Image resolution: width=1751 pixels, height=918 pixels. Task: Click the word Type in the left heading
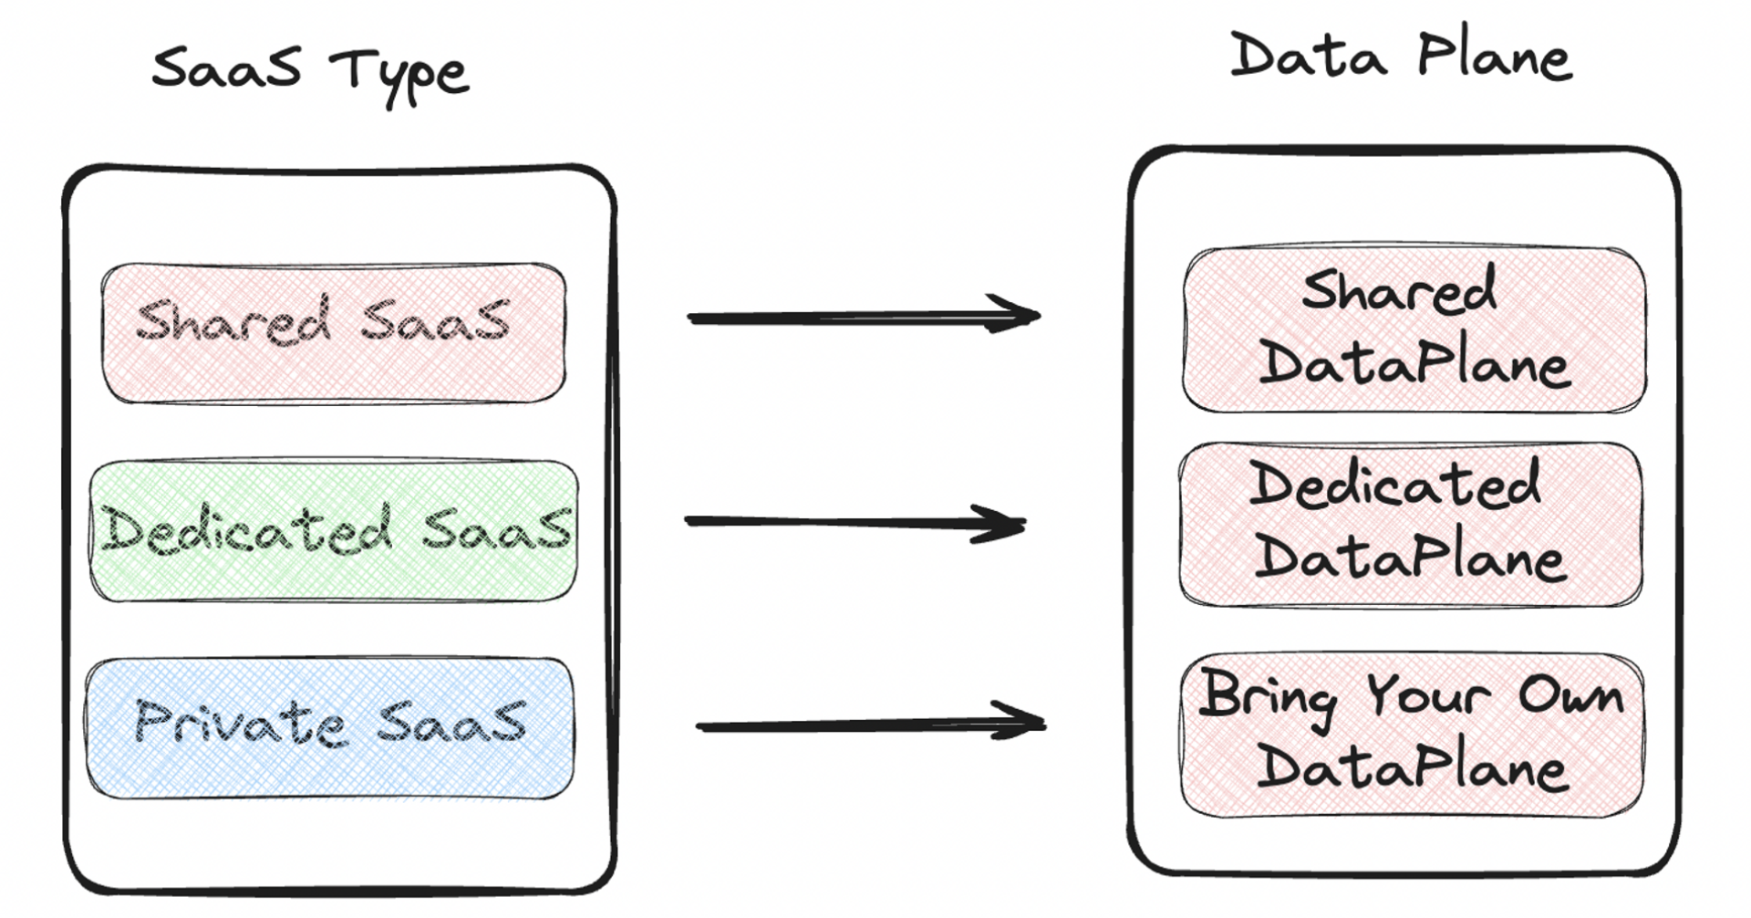pyautogui.click(x=399, y=73)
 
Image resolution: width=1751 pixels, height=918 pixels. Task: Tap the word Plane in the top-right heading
pyautogui.click(x=1494, y=56)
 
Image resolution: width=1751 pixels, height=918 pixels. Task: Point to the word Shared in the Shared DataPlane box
pyautogui.click(x=1399, y=290)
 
